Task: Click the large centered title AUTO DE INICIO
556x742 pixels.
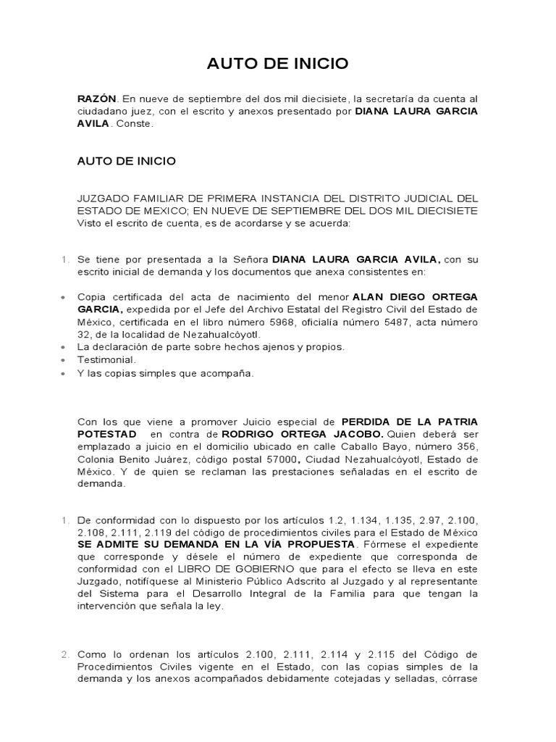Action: [277, 64]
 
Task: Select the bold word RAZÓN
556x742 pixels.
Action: [97, 99]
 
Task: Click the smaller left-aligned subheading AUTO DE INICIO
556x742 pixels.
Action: [127, 161]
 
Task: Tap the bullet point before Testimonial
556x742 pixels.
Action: [64, 360]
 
